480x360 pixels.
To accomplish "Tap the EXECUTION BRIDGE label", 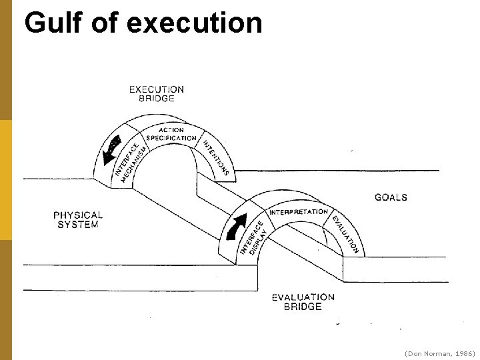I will [x=156, y=93].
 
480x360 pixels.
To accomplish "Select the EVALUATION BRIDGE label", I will [x=303, y=302].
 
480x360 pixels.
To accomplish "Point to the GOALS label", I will [x=391, y=197].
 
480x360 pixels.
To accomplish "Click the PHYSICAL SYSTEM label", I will [x=78, y=220].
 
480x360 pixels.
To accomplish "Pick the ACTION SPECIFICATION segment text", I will [x=171, y=134].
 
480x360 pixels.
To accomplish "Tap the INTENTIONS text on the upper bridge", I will [x=216, y=156].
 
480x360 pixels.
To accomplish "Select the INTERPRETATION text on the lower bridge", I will [x=299, y=212].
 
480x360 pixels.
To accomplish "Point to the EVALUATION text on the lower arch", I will [x=345, y=233].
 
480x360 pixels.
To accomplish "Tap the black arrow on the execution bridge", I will [x=111, y=150].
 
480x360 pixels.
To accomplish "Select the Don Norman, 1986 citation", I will [x=439, y=352].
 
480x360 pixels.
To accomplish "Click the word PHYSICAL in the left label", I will [x=78, y=215].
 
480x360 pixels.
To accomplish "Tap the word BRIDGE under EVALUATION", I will [x=303, y=307].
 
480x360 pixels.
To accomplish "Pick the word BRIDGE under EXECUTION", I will [x=156, y=98].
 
